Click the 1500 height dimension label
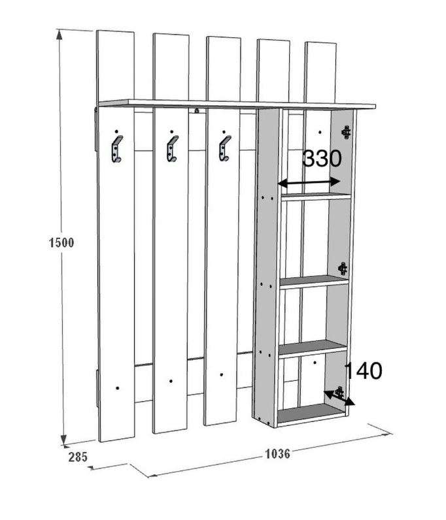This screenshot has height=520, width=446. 61,243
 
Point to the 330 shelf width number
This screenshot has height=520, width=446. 322,159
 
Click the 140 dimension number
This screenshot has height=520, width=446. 363,371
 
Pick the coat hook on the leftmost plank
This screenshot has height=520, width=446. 116,150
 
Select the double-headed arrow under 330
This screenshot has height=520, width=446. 310,183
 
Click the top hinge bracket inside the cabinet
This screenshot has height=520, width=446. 347,131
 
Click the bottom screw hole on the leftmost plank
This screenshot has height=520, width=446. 118,387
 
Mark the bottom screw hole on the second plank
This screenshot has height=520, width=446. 170,381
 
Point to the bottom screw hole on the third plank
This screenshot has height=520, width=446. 222,375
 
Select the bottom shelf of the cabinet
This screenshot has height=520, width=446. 311,413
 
